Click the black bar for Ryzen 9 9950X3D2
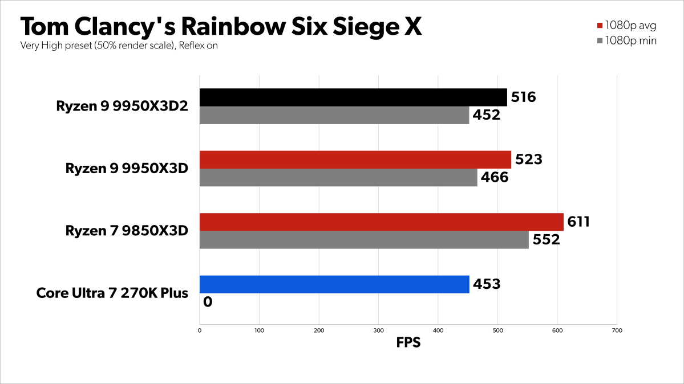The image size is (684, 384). pos(353,97)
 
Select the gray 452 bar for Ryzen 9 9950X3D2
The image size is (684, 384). pos(334,115)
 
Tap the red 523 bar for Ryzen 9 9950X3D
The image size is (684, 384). pos(355,160)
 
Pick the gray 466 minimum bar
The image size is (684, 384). pos(338,178)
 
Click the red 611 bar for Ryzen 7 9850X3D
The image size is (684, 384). pos(382,222)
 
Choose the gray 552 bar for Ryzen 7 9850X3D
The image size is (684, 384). pos(364,240)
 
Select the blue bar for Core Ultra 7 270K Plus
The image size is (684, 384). pos(334,284)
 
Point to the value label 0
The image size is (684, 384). pos(208,302)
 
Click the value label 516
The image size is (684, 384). pos(523,97)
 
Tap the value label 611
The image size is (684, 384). pos(576,222)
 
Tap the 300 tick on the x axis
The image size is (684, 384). pos(378,330)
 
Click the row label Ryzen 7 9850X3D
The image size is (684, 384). pos(127,231)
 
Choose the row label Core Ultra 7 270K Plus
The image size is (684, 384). pos(112,293)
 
